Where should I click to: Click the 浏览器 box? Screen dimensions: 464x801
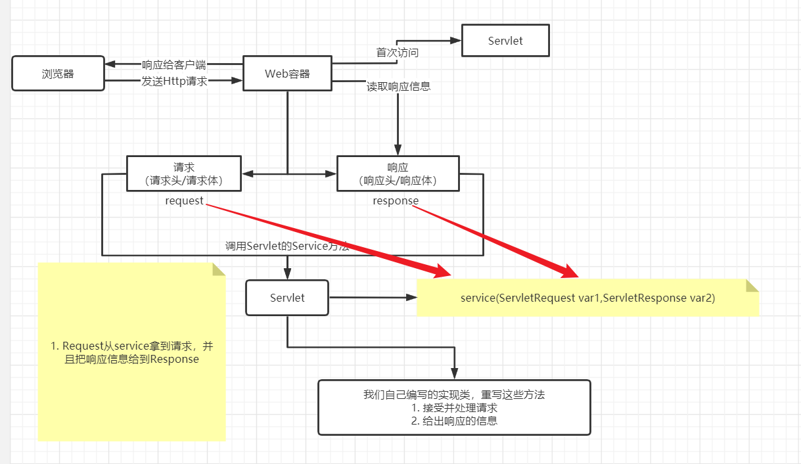click(58, 73)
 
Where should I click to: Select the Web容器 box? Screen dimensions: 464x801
click(287, 73)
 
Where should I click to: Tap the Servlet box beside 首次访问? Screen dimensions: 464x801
click(505, 41)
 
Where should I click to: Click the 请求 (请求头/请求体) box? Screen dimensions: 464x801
click(184, 174)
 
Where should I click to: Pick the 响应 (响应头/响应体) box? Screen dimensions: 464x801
click(398, 174)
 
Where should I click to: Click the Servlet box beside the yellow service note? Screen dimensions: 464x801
click(287, 298)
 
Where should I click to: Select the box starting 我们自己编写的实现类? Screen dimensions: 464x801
click(454, 407)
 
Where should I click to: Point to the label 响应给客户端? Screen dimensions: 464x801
click(173, 64)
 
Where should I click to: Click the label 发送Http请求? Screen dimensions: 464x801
click(174, 81)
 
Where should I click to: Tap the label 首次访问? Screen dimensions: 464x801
click(397, 53)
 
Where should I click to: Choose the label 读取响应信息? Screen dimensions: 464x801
click(398, 86)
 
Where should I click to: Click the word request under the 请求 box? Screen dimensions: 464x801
click(184, 200)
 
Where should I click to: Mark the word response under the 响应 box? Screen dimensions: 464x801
click(396, 200)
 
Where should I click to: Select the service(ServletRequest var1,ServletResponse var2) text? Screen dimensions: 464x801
click(587, 298)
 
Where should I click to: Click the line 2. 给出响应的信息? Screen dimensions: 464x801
click(454, 421)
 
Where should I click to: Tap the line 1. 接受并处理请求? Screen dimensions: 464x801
click(454, 407)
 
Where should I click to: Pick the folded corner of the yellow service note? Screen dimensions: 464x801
click(752, 285)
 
